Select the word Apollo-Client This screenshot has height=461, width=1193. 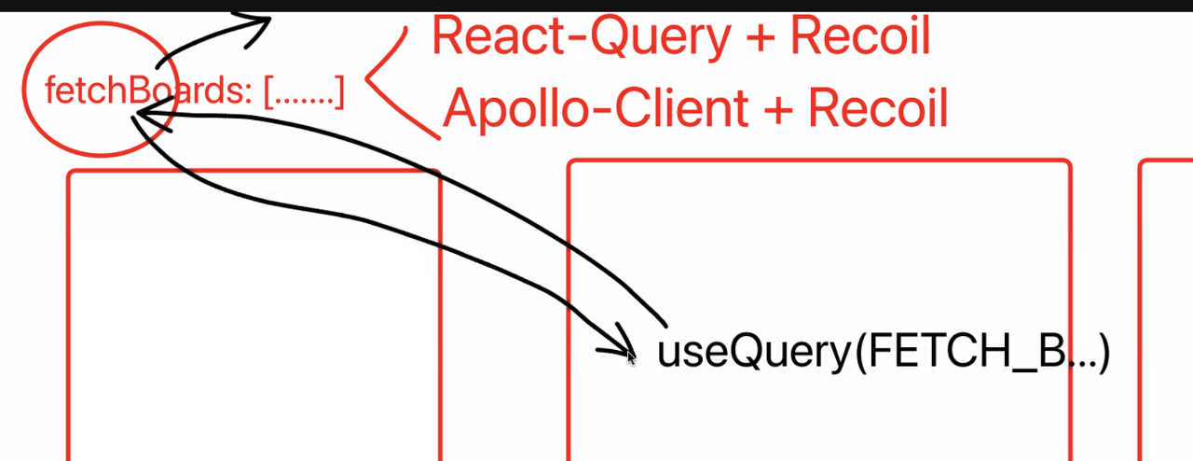tap(596, 109)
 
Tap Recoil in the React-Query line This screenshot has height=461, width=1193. tap(859, 37)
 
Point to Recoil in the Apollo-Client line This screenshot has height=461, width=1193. tap(877, 108)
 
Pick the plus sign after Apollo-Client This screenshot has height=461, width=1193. tap(777, 109)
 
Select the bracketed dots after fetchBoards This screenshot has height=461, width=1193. tap(304, 92)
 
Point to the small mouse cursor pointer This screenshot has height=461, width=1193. tap(631, 356)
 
